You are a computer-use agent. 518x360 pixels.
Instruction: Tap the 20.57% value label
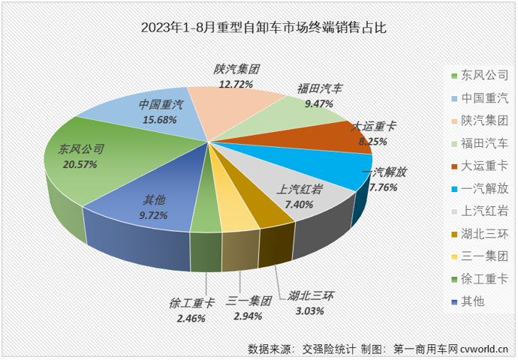(79, 164)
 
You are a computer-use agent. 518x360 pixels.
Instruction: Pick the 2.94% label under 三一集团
(245, 316)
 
